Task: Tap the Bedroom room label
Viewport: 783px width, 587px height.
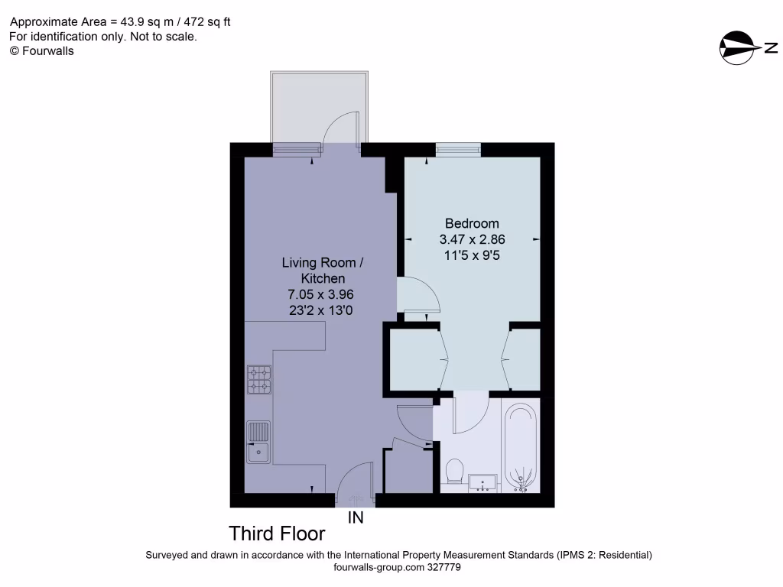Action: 472,224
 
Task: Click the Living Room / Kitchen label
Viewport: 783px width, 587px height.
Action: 322,271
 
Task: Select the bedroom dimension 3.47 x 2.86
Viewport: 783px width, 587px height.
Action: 472,240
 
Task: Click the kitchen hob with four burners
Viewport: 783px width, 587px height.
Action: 259,380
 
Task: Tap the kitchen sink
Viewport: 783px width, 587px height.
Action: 258,443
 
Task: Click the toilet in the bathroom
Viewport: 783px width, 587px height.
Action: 453,472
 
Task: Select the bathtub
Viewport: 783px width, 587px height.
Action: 522,447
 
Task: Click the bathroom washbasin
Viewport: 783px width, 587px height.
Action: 482,482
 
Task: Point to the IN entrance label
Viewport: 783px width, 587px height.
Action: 356,518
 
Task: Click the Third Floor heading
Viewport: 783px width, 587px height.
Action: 278,533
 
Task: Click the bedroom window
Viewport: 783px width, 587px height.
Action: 458,149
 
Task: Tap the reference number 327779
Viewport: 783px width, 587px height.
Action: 443,568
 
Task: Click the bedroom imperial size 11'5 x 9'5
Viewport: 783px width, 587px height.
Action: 472,256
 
